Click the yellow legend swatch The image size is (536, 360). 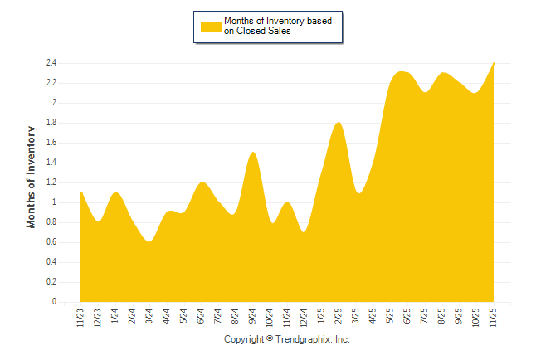pyautogui.click(x=211, y=27)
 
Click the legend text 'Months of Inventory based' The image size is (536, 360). pyautogui.click(x=278, y=21)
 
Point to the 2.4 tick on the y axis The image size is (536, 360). pyautogui.click(x=51, y=63)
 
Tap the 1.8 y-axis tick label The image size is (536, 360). pyautogui.click(x=51, y=123)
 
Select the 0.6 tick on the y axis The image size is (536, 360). pyautogui.click(x=51, y=242)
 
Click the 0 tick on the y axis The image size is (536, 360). pyautogui.click(x=53, y=302)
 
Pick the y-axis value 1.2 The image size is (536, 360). pyautogui.click(x=51, y=182)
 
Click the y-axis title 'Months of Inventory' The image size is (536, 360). pyautogui.click(x=32, y=177)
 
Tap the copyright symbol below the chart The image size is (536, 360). pyautogui.click(x=270, y=340)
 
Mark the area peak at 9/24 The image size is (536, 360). pyautogui.click(x=253, y=153)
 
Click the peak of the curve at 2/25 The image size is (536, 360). pyautogui.click(x=339, y=123)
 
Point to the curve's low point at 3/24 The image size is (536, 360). pyautogui.click(x=149, y=241)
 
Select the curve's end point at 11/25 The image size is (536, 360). pyautogui.click(x=494, y=64)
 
